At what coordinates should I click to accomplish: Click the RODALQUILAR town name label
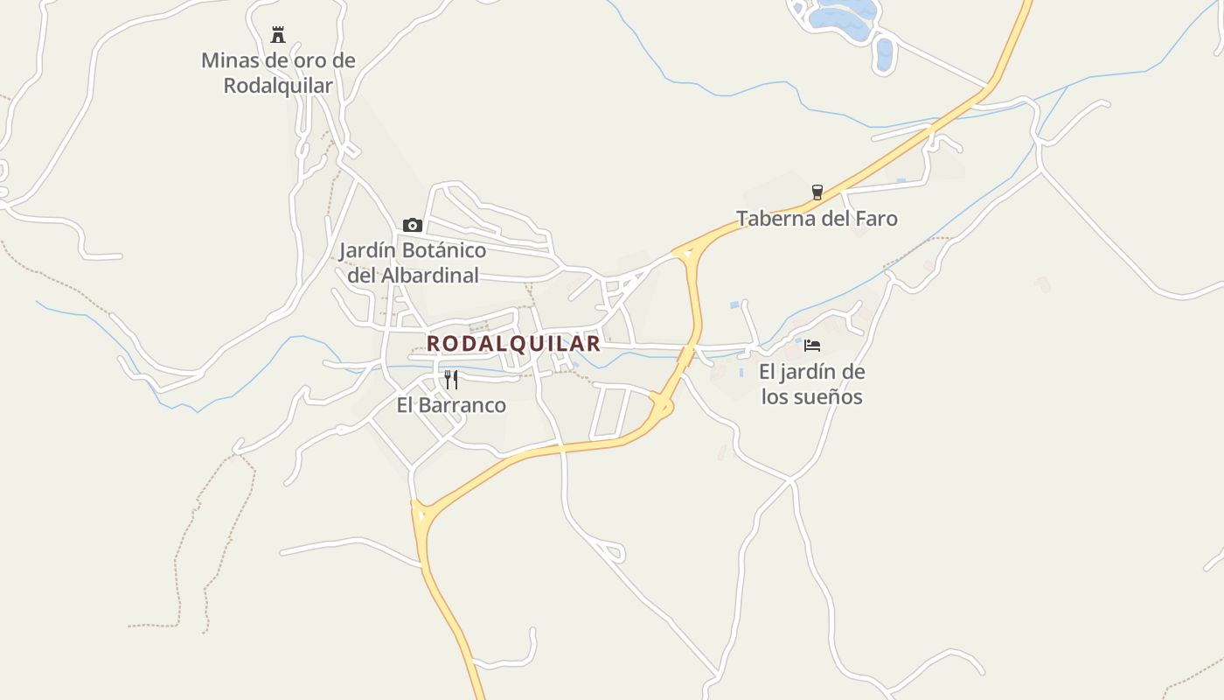pos(513,343)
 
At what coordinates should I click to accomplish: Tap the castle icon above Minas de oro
pos(278,35)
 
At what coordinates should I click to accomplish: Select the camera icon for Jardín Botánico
pos(413,225)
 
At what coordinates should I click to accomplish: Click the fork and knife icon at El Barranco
pos(451,379)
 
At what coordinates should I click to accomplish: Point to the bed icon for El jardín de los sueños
pos(812,346)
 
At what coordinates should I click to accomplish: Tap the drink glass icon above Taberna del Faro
pos(817,192)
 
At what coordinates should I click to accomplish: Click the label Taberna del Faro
pos(817,218)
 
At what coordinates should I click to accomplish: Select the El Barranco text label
pos(451,405)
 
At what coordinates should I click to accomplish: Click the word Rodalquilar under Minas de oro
pos(278,86)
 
